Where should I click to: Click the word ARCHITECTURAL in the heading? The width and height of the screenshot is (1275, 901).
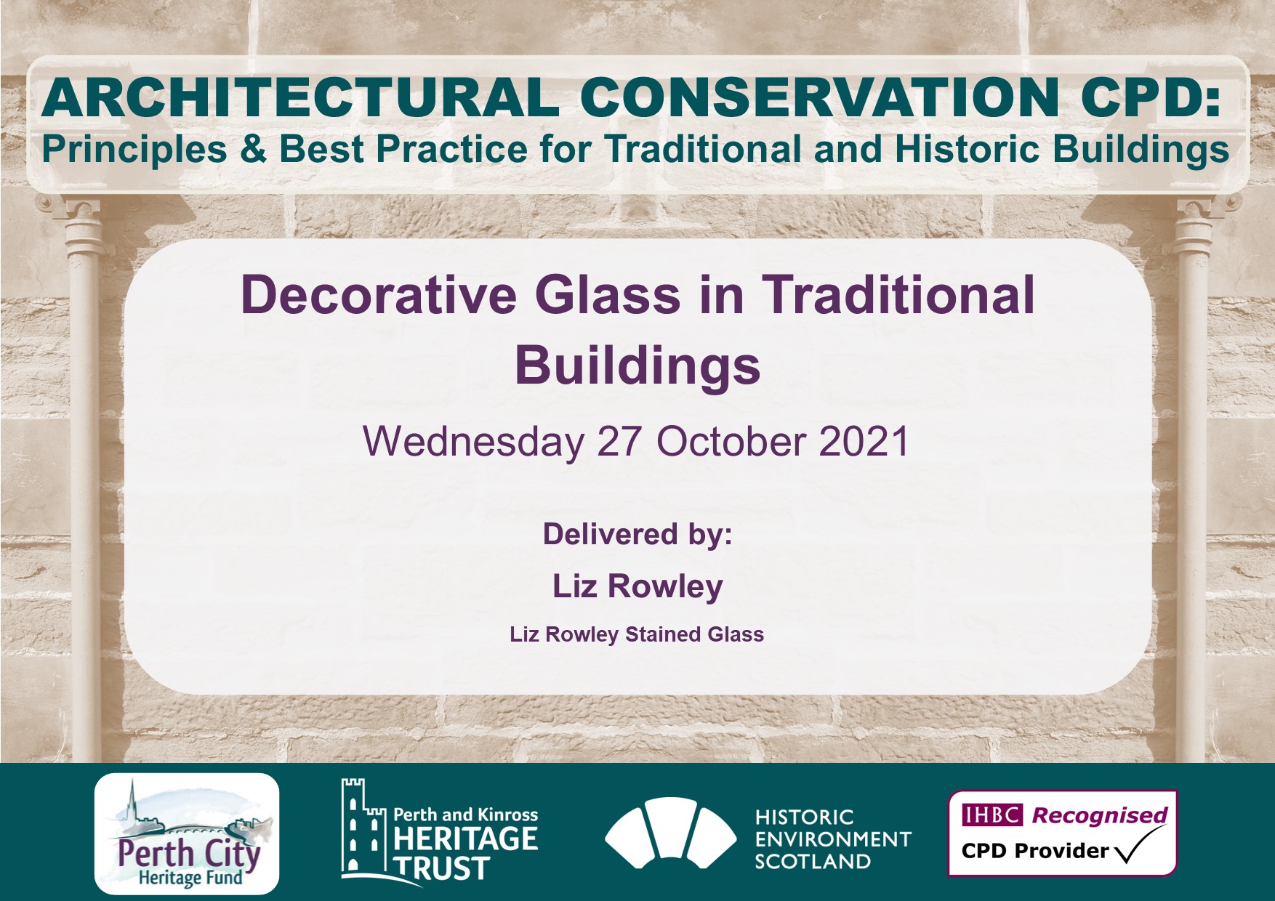click(x=300, y=97)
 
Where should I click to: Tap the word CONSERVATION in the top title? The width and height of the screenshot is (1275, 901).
click(x=821, y=97)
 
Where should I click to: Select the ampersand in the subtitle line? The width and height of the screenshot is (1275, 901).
click(x=253, y=149)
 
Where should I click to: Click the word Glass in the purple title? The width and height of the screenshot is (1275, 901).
click(x=608, y=296)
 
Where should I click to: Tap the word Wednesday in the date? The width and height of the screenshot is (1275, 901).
click(x=473, y=442)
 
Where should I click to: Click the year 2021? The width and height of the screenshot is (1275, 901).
click(x=864, y=442)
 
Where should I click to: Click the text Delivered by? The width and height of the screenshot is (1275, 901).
click(x=637, y=535)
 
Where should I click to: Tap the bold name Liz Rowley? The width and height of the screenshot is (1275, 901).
click(x=637, y=586)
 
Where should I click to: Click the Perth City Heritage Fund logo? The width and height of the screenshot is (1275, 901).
click(x=187, y=833)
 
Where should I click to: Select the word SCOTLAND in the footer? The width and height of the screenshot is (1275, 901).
click(x=812, y=862)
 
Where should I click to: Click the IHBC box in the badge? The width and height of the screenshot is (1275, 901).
click(x=992, y=815)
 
